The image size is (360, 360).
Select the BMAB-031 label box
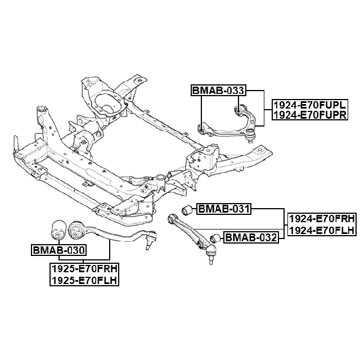[x=222, y=209]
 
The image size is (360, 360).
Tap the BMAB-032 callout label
[x=251, y=237]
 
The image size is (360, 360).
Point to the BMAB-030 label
[x=58, y=250]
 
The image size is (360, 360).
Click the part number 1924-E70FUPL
[x=308, y=105]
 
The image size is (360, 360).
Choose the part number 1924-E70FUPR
[x=308, y=115]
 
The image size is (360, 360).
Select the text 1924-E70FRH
[x=321, y=219]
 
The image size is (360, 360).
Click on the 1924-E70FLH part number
[x=321, y=230]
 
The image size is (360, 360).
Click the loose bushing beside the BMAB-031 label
[x=187, y=210]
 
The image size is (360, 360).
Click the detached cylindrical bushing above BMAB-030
[x=57, y=229]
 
